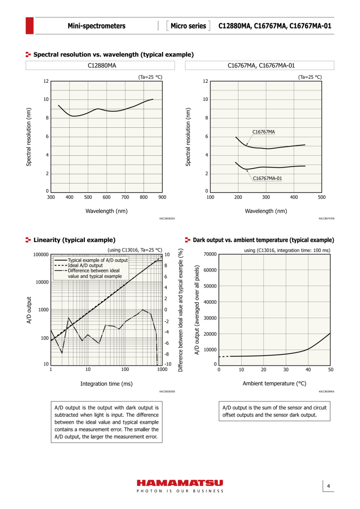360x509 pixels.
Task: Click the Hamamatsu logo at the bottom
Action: (180, 483)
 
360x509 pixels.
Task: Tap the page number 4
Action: (328, 486)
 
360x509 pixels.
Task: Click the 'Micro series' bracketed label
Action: (188, 26)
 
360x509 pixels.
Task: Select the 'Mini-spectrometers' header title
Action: (96, 26)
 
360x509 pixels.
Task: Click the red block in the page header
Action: (30, 26)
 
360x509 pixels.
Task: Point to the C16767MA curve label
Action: (264, 132)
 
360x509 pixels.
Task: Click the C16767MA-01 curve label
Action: (267, 178)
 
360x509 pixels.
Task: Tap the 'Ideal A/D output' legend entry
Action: (85, 265)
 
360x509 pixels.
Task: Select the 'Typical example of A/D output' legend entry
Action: (98, 260)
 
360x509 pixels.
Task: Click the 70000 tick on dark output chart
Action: (210, 254)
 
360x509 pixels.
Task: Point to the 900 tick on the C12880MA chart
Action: (162, 197)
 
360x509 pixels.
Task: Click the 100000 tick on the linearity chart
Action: (41, 255)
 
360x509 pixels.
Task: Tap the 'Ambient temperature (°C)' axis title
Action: (274, 383)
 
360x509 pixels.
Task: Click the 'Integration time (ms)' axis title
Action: (107, 384)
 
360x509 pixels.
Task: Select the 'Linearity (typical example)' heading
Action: (74, 240)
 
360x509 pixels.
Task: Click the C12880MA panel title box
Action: (100, 65)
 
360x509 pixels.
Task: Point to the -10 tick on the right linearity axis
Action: (168, 364)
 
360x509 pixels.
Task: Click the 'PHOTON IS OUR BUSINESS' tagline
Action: (180, 491)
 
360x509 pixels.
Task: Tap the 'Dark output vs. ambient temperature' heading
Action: (263, 240)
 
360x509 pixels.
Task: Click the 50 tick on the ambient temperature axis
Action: (330, 369)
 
